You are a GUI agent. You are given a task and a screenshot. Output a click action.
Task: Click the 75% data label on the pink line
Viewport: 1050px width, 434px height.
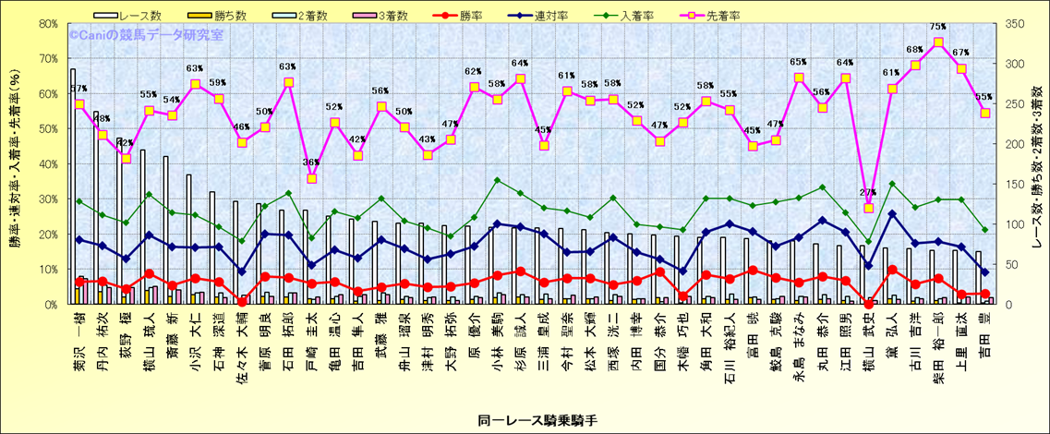pyautogui.click(x=937, y=27)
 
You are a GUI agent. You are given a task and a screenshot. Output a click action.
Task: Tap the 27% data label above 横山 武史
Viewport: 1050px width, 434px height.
pyautogui.click(x=868, y=192)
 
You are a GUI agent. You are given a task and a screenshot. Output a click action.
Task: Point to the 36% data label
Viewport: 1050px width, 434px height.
pyautogui.click(x=311, y=163)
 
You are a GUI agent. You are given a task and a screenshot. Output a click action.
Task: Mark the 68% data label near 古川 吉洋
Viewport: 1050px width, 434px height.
pyautogui.click(x=914, y=49)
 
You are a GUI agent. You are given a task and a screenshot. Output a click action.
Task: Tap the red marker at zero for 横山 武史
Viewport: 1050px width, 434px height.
pyautogui.click(x=868, y=304)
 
